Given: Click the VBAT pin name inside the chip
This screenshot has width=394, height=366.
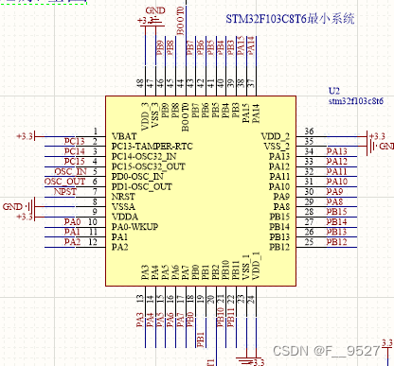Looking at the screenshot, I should tap(123, 136).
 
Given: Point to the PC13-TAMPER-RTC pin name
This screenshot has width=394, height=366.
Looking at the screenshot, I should tap(152, 147).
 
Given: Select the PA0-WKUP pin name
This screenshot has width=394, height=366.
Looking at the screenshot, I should tap(134, 226).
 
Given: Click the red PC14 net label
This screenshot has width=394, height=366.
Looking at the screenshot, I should tap(74, 150).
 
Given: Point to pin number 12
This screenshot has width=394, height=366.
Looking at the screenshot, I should tap(93, 243).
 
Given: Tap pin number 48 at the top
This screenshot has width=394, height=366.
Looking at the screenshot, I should tap(140, 83).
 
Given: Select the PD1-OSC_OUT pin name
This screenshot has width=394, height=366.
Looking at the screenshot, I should tap(141, 186).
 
